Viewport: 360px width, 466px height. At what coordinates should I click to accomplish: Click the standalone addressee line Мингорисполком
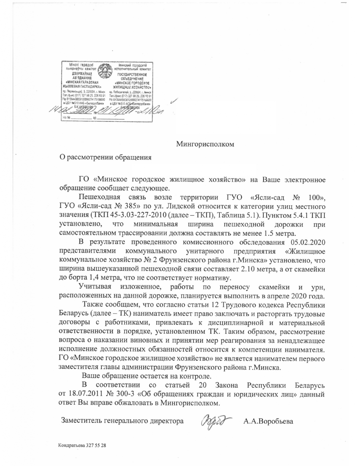click(205, 144)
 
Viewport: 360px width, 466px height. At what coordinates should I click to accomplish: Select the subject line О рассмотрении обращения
click(105, 158)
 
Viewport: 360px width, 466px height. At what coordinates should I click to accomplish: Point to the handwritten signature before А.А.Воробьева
click(216, 422)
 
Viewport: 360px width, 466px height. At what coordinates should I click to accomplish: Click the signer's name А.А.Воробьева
click(268, 422)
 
